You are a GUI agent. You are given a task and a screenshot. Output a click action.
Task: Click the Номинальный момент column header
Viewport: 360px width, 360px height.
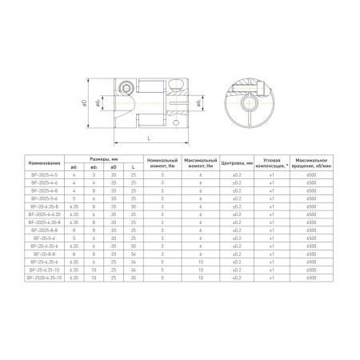(162, 162)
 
